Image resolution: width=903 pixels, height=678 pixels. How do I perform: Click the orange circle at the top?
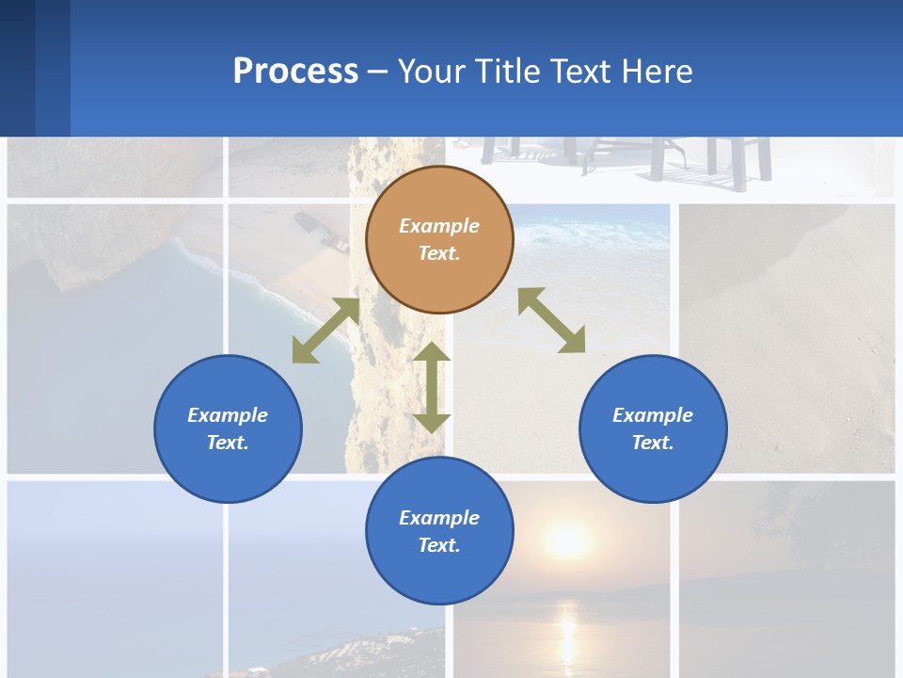pos(439,240)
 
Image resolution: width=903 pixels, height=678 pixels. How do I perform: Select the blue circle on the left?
pos(228,428)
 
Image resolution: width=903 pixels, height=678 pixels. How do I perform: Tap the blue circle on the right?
pos(653,428)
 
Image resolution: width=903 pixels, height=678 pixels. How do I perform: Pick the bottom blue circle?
pos(439,531)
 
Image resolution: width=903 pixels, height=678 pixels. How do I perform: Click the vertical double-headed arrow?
pos(432,387)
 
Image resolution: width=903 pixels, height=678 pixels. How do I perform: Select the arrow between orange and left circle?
pos(325,331)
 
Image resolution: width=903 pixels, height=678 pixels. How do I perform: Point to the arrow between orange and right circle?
pos(551,320)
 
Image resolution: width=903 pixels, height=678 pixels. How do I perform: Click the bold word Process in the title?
pos(295,71)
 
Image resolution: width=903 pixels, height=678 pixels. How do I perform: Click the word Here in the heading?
pos(657,71)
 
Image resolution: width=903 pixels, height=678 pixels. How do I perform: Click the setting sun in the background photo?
pos(568,541)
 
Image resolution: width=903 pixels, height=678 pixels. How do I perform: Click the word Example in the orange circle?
pos(439,226)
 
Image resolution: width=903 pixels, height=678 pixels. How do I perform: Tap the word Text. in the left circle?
pos(228,443)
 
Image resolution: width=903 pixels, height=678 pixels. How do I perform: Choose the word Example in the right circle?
pos(653,415)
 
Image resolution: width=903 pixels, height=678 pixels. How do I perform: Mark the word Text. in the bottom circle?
pos(439,545)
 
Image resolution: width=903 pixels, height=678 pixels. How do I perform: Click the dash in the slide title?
pos(378,72)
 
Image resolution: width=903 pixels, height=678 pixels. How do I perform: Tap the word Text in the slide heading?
pos(580,71)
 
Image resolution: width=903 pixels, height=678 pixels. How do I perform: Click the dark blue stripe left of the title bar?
pos(18,68)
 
